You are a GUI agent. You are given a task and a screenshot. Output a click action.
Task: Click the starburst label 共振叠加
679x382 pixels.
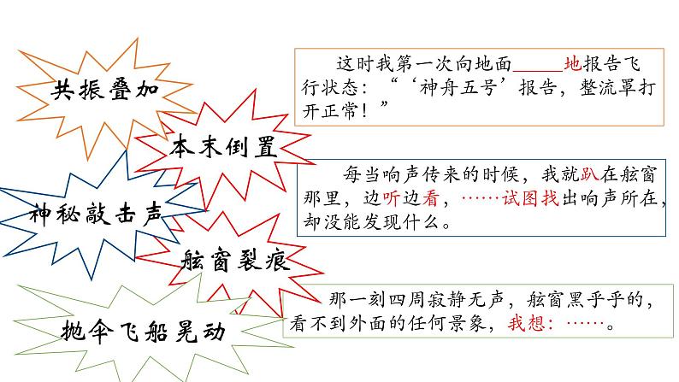[x=105, y=90]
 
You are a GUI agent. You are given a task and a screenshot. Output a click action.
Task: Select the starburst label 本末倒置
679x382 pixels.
[x=223, y=147]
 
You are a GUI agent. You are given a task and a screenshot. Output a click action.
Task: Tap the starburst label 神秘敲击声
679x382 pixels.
[x=96, y=214]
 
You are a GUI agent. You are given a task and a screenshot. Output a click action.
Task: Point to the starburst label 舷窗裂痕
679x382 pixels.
[x=235, y=260]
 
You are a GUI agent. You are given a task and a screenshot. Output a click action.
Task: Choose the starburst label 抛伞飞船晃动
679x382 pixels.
[x=144, y=332]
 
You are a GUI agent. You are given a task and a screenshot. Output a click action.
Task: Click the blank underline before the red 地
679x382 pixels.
[x=538, y=70]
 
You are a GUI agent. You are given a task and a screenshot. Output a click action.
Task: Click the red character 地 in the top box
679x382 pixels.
[x=572, y=63]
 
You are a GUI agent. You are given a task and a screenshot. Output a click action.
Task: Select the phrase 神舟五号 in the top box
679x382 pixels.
[x=458, y=88]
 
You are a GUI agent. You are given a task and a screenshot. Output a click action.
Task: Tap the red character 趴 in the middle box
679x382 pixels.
[x=590, y=174]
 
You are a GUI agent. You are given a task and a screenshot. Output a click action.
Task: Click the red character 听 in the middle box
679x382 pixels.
[x=392, y=198]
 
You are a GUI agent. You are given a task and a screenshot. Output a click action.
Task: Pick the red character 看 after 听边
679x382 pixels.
[x=431, y=198]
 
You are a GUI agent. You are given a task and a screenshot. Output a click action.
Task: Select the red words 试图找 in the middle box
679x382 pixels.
[x=530, y=198]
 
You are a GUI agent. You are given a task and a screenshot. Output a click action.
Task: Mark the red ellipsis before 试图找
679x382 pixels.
[x=481, y=198]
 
